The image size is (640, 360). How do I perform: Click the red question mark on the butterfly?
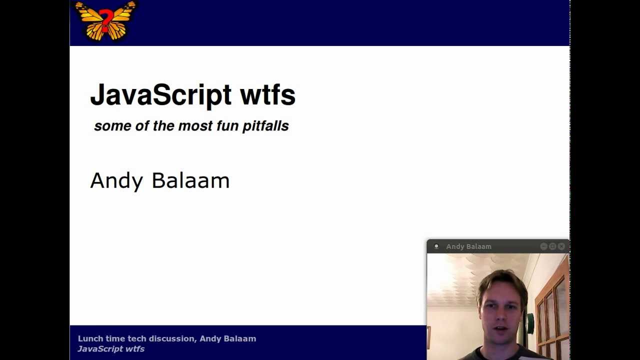click(105, 21)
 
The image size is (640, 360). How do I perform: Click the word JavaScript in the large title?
click(160, 95)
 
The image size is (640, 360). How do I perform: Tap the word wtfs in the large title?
click(267, 95)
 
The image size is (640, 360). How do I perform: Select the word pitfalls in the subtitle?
click(265, 126)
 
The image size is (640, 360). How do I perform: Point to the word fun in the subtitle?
click(227, 126)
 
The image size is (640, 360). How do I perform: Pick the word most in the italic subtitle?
click(195, 126)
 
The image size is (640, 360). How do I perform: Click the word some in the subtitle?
click(112, 126)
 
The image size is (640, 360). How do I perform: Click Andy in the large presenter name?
click(116, 181)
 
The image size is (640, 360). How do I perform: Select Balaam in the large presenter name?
click(190, 180)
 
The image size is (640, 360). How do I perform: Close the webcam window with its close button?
click(561, 246)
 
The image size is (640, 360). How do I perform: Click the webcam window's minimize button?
click(543, 246)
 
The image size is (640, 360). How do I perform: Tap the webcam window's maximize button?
click(552, 246)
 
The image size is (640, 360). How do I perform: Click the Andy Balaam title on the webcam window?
click(468, 246)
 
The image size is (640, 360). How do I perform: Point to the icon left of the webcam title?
click(436, 246)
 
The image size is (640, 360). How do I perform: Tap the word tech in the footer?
click(137, 338)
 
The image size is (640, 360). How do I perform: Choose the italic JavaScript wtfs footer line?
click(111, 349)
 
